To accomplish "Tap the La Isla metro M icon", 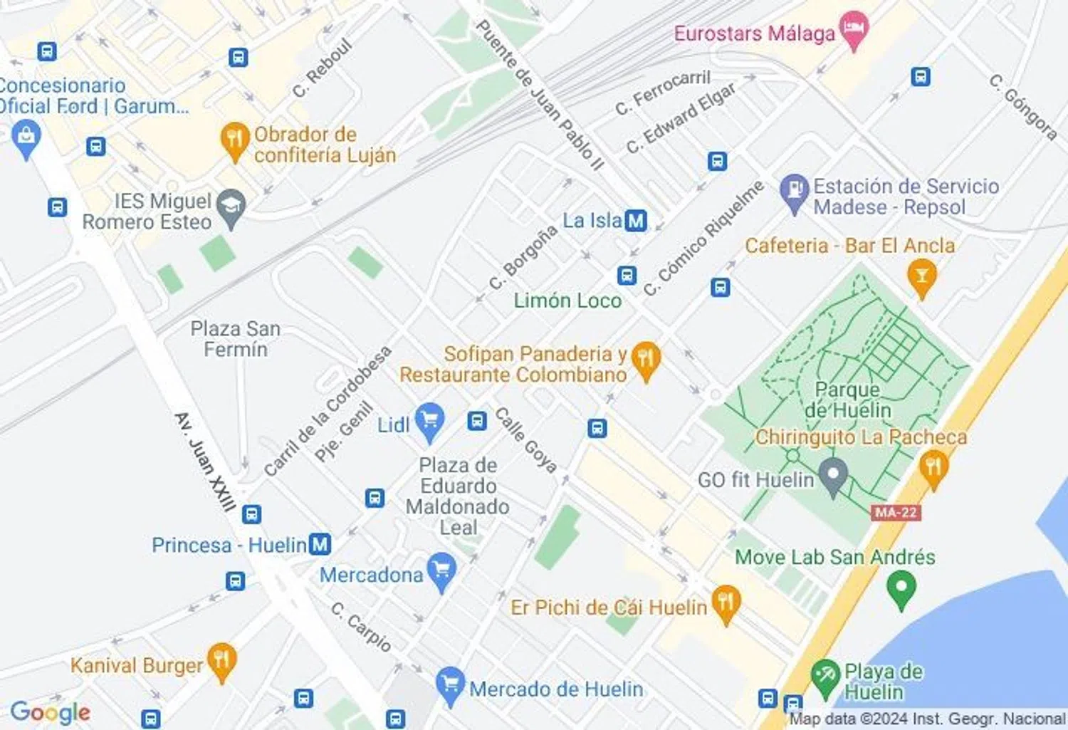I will [x=636, y=221].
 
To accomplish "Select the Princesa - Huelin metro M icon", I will [x=320, y=545].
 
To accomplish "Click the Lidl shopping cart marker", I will [x=429, y=420].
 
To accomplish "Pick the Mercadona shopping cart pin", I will [x=441, y=571].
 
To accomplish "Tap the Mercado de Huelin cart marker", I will [x=450, y=685].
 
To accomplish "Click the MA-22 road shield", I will [x=895, y=512].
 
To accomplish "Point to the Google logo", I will [x=50, y=711].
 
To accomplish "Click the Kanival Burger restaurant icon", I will [x=221, y=661].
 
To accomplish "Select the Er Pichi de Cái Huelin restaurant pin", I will [x=726, y=604].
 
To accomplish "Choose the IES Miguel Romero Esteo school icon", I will [x=231, y=207].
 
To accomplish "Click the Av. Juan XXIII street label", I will [x=205, y=462].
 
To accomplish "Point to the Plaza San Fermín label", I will [x=235, y=339].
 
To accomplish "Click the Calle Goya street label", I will [x=525, y=439].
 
